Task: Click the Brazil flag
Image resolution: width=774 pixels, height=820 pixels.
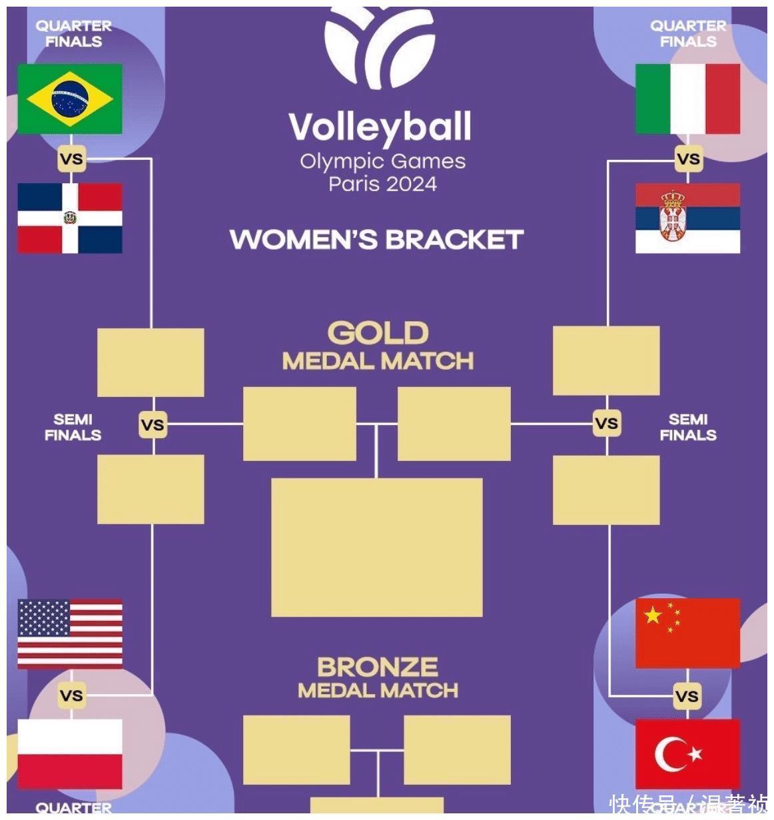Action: pos(70,99)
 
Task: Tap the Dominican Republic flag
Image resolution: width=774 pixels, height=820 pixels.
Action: pos(70,218)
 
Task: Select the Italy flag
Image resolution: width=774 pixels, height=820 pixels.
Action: pos(687,99)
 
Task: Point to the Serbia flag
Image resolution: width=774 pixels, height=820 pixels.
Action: pos(687,218)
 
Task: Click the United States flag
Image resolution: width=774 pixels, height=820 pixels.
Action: pos(70,633)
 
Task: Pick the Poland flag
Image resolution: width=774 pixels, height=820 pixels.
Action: pos(70,753)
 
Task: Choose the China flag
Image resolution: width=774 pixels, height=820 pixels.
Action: pos(687,633)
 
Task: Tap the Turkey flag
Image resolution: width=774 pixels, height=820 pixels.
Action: pos(687,753)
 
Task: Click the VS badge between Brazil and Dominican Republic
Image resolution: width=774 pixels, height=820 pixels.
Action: pos(71,159)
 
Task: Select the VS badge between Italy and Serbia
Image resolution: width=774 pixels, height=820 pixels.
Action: pos(687,159)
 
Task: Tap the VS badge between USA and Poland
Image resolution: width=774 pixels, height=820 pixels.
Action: pos(71,695)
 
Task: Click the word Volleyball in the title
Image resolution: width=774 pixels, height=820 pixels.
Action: pos(380,127)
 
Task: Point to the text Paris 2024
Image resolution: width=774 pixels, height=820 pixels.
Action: pos(382,183)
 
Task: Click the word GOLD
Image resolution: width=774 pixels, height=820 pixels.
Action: pos(378,333)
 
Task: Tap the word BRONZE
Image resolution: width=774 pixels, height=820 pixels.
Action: pos(378,667)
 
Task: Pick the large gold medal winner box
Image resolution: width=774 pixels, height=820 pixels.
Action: pos(376,547)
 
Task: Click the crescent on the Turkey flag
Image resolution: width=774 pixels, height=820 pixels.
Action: pos(670,754)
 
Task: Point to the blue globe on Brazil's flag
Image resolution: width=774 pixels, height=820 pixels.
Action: pos(70,99)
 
